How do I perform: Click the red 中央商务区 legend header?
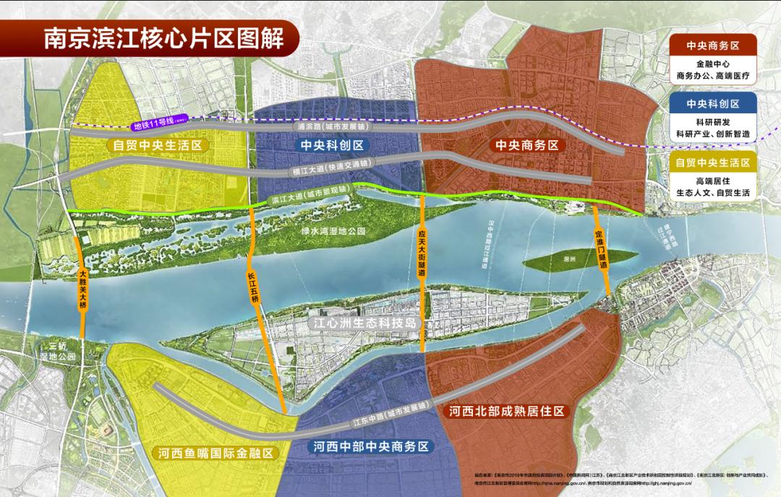point(713,45)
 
